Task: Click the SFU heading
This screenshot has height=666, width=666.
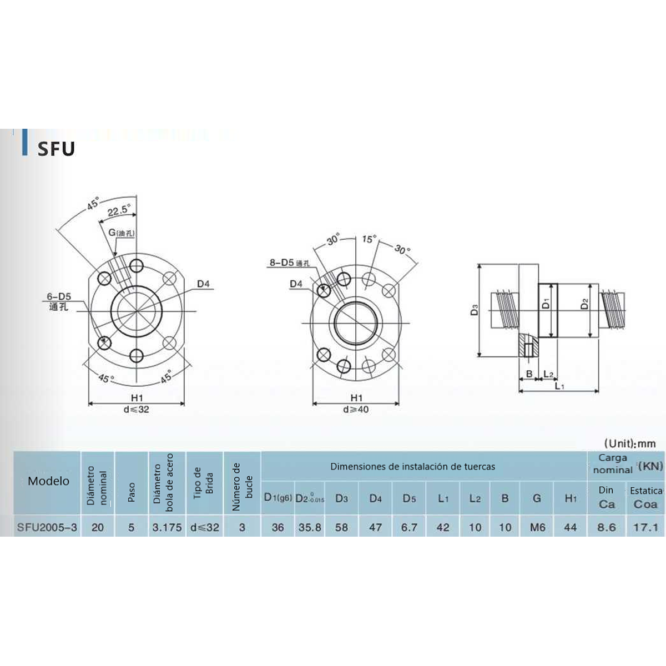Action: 56,149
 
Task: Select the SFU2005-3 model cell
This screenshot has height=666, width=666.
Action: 47,527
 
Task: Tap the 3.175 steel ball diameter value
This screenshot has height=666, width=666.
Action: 167,527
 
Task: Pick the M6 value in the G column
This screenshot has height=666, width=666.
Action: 537,527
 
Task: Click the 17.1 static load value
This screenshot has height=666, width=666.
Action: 645,527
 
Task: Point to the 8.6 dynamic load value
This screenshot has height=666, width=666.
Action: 606,527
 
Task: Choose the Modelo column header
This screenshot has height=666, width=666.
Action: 48,481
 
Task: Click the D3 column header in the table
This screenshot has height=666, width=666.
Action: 341,498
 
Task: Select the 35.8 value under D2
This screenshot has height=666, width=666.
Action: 310,527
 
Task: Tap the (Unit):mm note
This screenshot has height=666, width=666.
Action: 629,443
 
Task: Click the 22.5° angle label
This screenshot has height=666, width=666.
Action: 118,211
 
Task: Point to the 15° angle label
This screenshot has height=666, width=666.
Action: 369,239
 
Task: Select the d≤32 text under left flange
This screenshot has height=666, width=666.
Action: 137,410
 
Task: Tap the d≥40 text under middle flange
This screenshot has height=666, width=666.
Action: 356,410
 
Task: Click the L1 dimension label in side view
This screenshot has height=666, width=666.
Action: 559,386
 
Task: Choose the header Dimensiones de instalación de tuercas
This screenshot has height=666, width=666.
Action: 412,467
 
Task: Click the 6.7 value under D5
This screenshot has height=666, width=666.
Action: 408,527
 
